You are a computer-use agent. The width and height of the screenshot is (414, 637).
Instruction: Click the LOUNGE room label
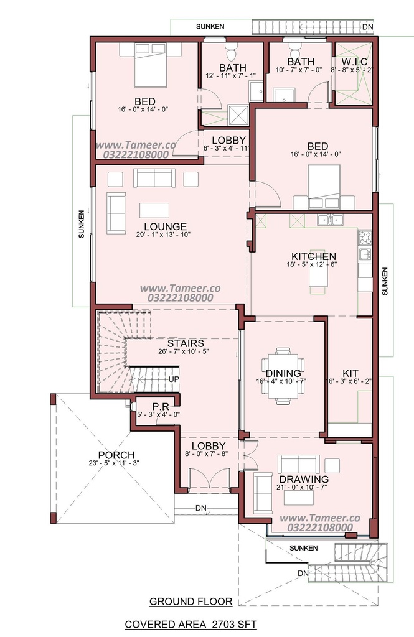[165, 226]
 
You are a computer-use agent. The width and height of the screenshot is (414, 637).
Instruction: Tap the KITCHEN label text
[314, 256]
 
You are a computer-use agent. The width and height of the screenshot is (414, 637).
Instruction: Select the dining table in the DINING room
[283, 376]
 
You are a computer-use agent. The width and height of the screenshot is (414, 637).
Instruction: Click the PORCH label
[116, 455]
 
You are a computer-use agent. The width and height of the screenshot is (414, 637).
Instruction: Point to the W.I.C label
[355, 62]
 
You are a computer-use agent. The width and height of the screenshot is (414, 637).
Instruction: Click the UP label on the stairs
[174, 379]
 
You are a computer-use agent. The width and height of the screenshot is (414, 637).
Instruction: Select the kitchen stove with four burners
[365, 238]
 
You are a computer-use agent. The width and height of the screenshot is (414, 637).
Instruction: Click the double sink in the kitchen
[330, 220]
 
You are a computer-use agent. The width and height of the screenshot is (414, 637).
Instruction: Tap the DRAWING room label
[304, 480]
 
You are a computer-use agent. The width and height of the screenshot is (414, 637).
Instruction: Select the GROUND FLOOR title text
[191, 602]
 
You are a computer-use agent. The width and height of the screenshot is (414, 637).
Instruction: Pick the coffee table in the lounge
[154, 210]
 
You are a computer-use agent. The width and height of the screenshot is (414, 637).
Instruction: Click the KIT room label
[350, 373]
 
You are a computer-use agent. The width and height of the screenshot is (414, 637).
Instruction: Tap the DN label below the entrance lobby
[201, 508]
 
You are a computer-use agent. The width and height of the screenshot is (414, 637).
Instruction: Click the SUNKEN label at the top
[210, 26]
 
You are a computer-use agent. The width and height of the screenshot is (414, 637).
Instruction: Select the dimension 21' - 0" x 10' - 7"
[302, 488]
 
